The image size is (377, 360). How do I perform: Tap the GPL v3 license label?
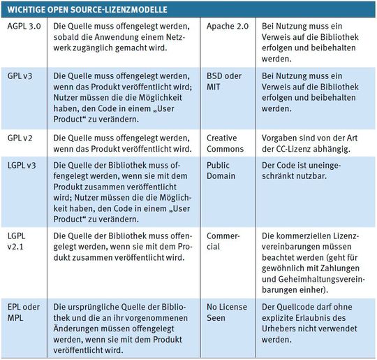[20, 75]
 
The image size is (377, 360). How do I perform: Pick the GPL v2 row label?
[20, 138]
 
